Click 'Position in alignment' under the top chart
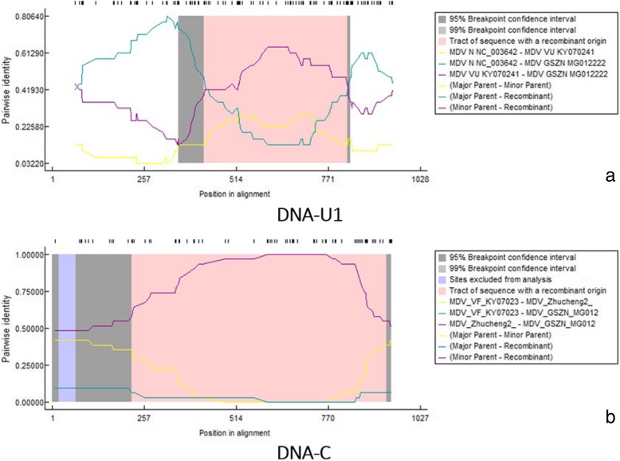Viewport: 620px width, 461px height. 235,193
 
